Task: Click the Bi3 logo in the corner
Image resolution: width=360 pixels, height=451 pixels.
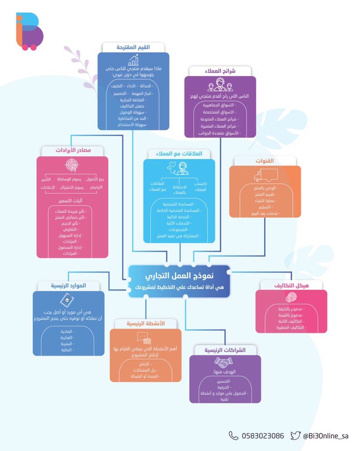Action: pos(29,31)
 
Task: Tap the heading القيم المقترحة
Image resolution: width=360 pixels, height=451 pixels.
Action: pos(133,47)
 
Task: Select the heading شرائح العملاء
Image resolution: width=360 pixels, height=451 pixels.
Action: pos(220,71)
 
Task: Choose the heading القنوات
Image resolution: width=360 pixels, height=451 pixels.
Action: pos(265,161)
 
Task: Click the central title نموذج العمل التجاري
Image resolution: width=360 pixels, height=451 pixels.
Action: pos(180,276)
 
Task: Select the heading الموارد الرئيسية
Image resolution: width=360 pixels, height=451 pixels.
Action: pos(68,286)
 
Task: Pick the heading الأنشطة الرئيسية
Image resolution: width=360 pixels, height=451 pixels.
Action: pos(145,324)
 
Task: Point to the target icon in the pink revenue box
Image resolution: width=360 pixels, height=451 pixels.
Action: pos(72,165)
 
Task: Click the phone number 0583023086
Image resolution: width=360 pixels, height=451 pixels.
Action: pos(263,436)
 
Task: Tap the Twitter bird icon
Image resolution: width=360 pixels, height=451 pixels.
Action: pos(295,436)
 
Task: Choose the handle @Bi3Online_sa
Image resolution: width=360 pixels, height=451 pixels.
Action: pos(326,436)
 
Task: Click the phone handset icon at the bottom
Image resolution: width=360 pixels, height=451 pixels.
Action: pos(233,436)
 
